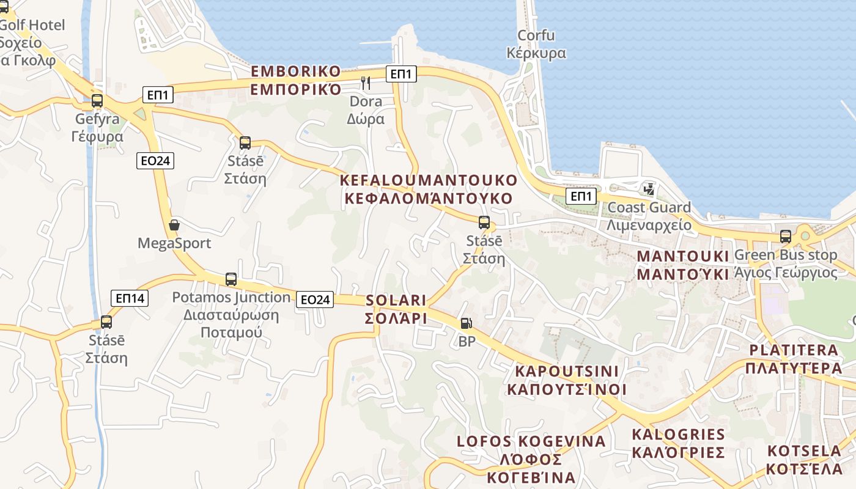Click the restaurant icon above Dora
pyautogui.click(x=366, y=83)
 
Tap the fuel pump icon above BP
pyautogui.click(x=467, y=323)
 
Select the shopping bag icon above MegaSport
pyautogui.click(x=174, y=225)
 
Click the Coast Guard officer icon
pyautogui.click(x=649, y=189)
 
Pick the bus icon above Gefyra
pyautogui.click(x=97, y=101)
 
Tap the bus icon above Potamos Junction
pyautogui.click(x=231, y=279)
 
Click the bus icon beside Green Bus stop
pyautogui.click(x=786, y=237)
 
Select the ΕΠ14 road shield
pyautogui.click(x=130, y=298)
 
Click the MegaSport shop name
pyautogui.click(x=174, y=243)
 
